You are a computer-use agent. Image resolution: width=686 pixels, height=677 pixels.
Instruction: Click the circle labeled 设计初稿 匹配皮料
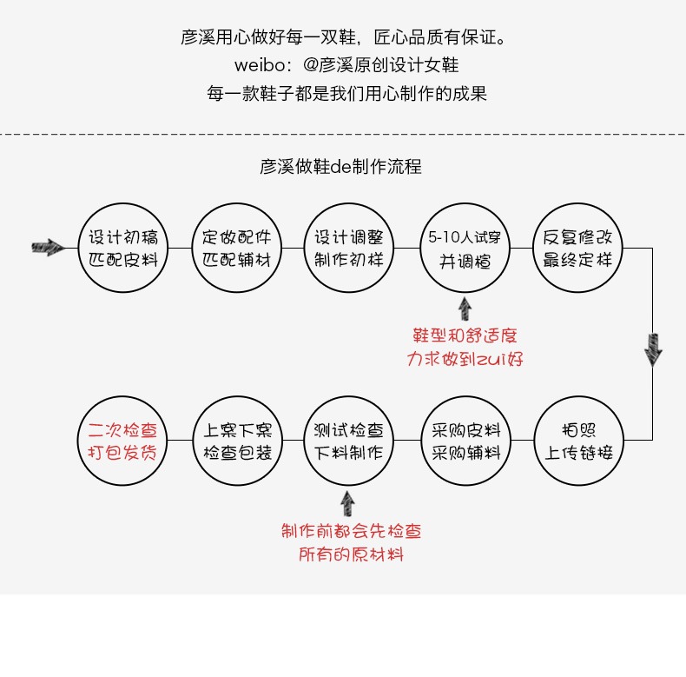click(x=124, y=249)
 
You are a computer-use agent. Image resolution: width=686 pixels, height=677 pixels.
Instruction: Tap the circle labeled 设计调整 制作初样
click(x=349, y=249)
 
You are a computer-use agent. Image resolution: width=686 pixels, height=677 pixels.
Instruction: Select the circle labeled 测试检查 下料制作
click(x=349, y=441)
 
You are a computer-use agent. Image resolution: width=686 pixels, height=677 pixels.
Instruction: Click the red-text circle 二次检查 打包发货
click(x=124, y=441)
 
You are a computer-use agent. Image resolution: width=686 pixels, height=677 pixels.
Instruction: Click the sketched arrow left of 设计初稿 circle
click(x=48, y=248)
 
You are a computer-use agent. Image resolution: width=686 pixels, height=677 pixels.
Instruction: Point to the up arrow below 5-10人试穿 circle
click(x=465, y=309)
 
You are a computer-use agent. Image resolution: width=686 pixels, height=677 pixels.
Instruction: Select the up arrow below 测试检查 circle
click(x=348, y=502)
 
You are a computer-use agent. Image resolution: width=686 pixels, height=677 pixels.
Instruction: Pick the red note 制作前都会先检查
click(x=351, y=531)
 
